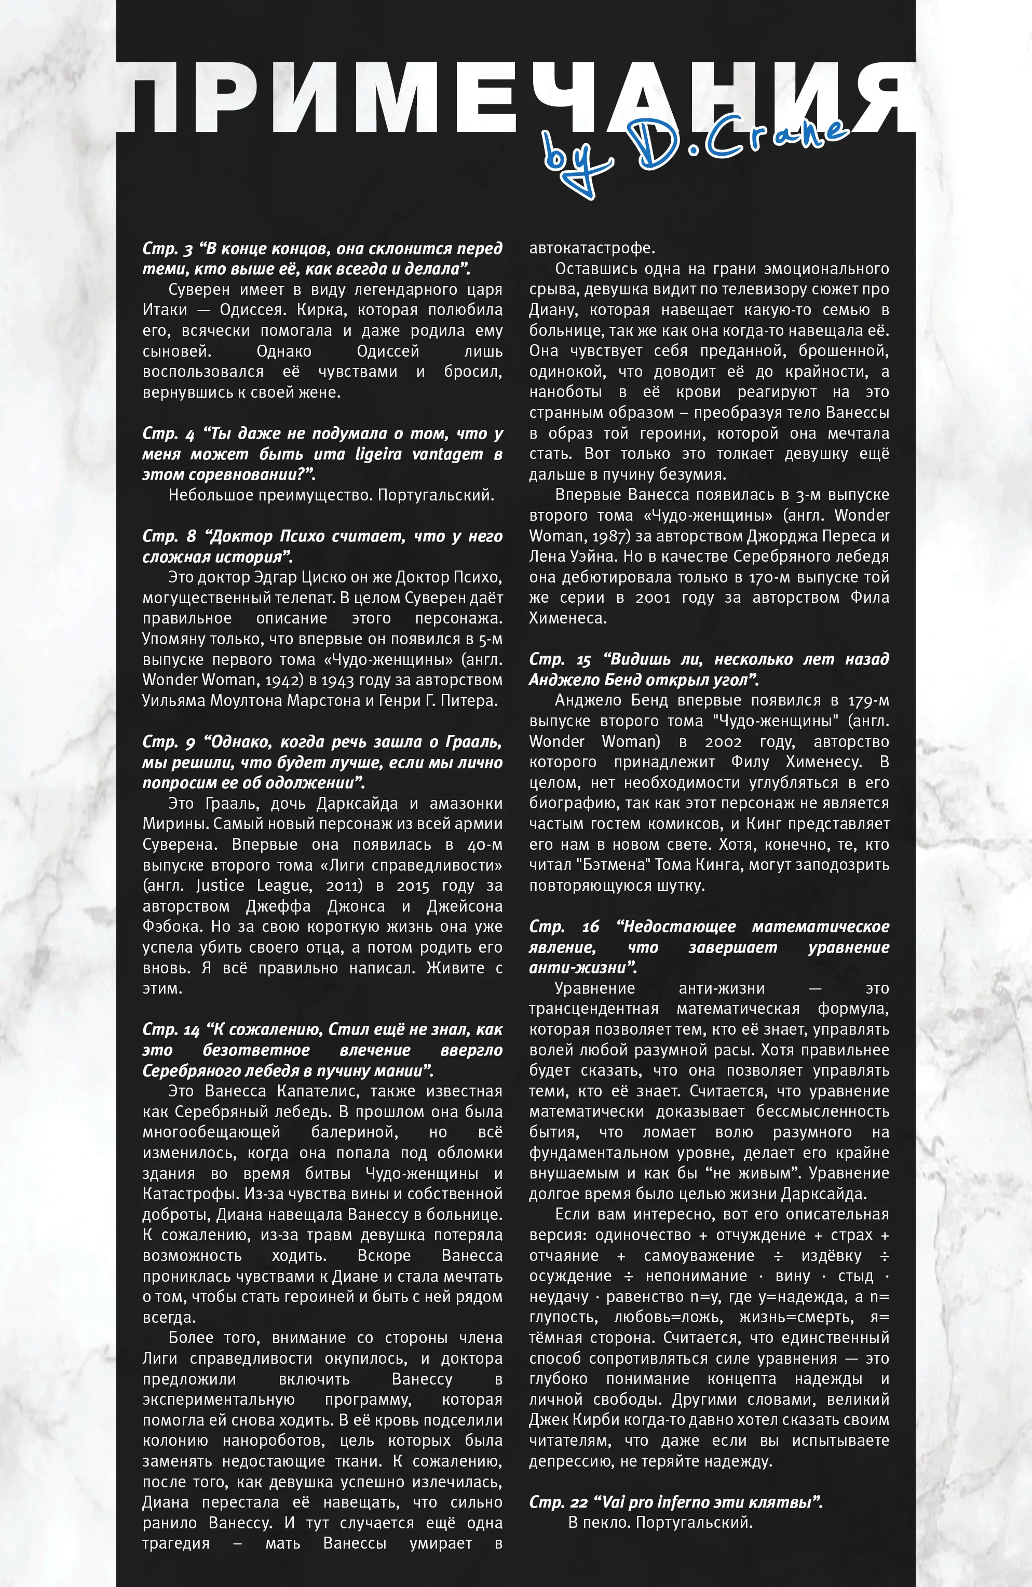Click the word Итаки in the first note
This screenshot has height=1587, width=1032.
165,310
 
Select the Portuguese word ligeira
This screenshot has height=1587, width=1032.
378,454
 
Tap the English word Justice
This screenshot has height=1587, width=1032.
220,886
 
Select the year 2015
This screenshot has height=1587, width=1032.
413,886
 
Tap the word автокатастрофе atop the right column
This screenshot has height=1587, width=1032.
592,248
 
